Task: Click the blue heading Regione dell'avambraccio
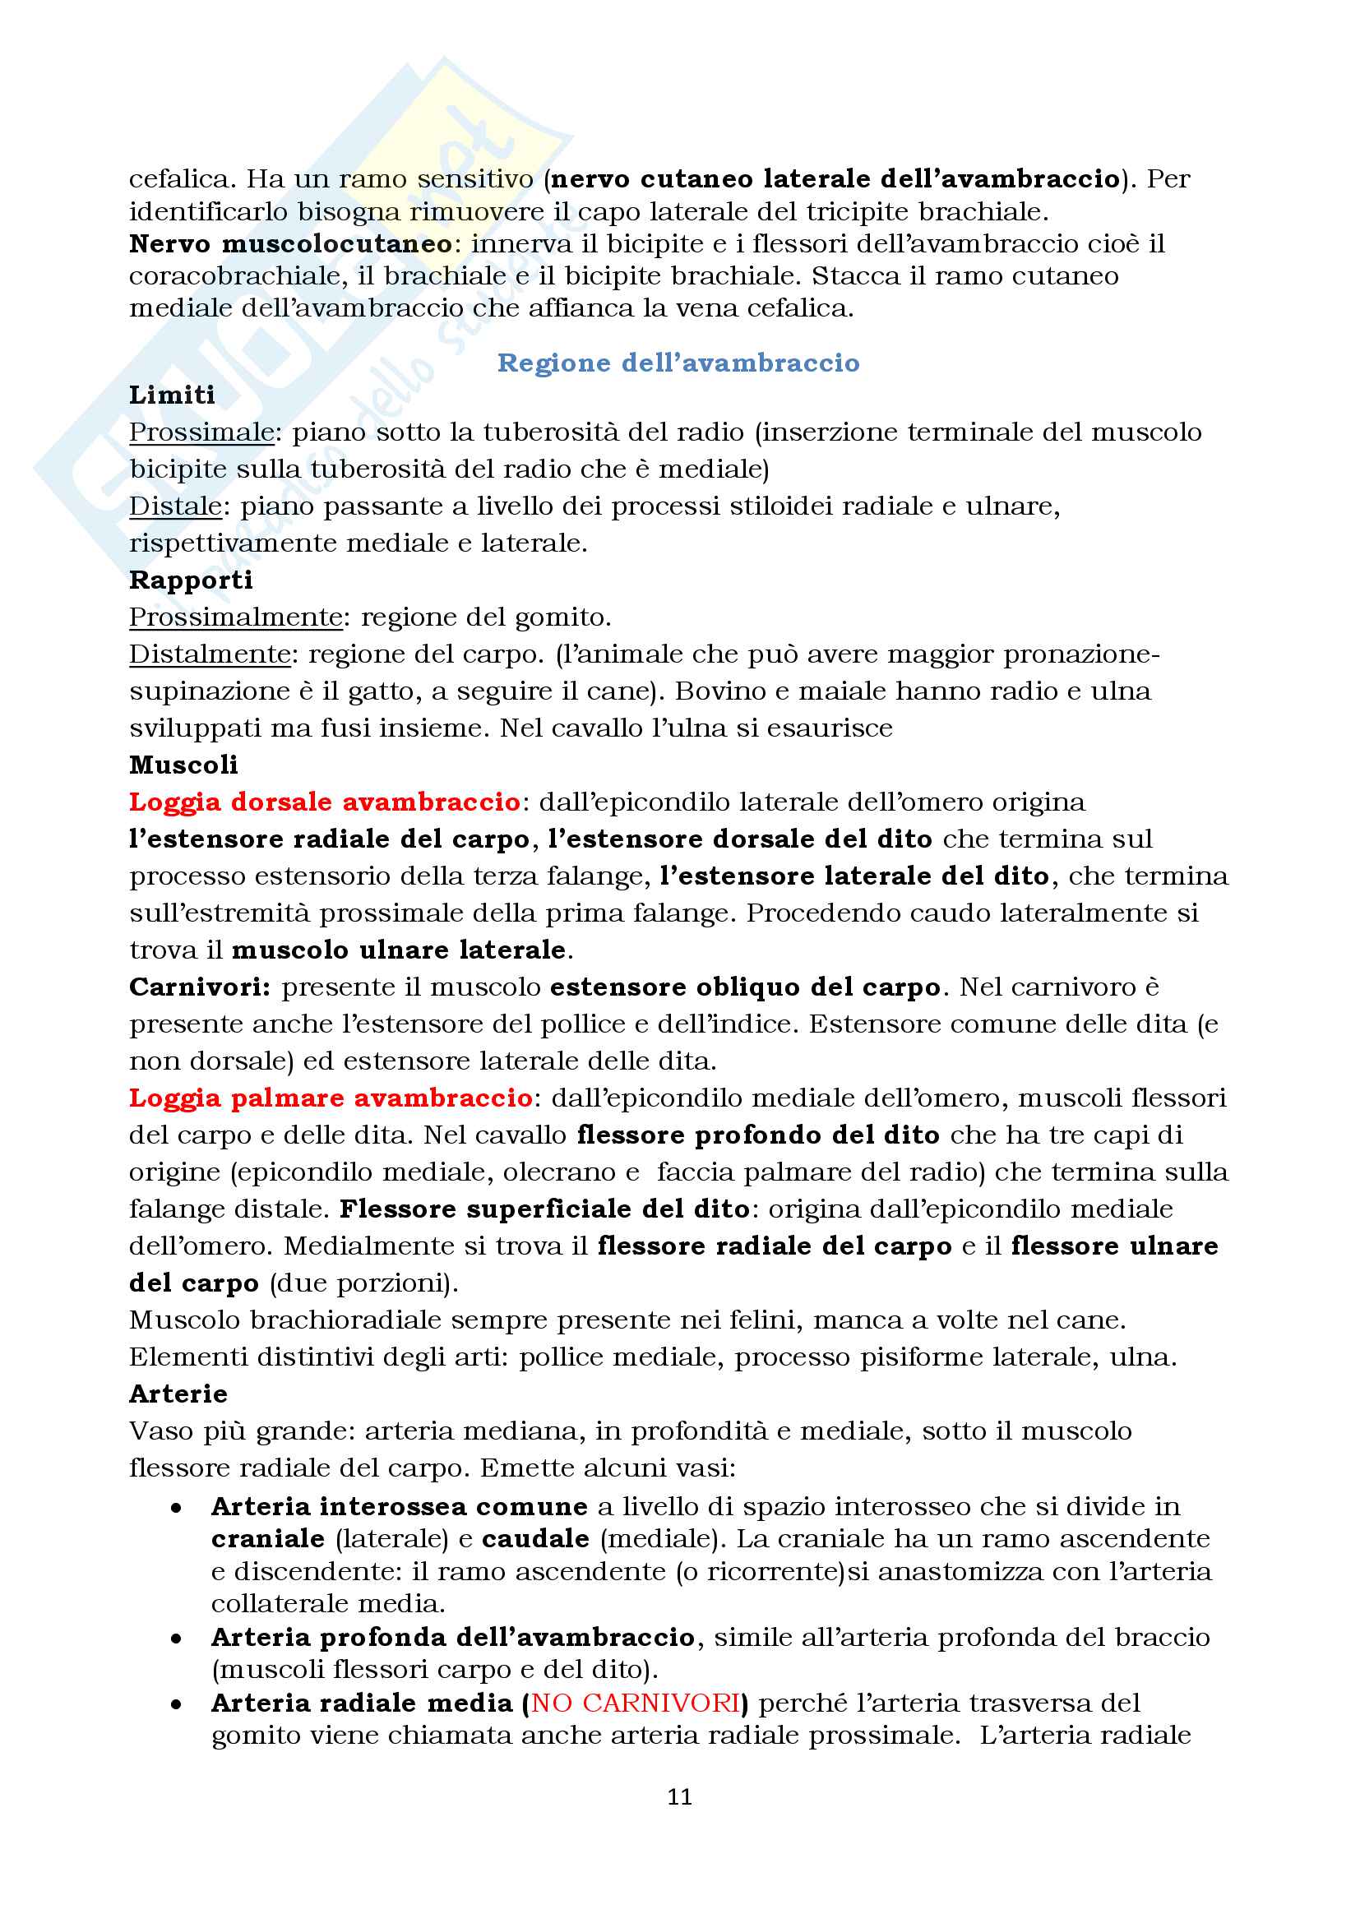678,363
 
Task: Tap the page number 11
679,1796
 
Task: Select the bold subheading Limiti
172,395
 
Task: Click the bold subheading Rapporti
190,580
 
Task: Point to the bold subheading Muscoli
183,765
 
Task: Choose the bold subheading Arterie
178,1394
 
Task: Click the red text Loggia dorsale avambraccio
324,802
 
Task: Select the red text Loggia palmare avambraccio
330,1098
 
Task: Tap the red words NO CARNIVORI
636,1703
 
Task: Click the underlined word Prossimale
201,432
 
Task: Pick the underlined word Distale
175,506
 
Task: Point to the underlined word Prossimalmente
235,617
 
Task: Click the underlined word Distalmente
210,654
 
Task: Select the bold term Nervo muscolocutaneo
289,243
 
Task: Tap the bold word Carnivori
199,987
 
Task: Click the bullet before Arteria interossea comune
176,1508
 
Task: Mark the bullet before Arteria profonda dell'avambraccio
176,1639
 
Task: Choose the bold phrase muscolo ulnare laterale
399,950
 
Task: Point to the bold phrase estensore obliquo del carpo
744,987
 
